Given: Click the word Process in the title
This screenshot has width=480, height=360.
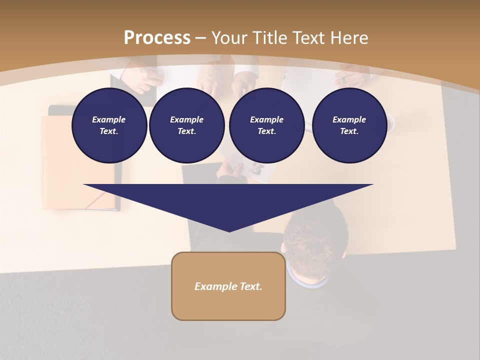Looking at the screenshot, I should (157, 38).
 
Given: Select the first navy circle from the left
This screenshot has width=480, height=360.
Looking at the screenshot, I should (109, 125).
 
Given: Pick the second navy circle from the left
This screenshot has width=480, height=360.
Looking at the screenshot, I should (186, 125).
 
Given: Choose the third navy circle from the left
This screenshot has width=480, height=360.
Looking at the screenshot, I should (266, 125).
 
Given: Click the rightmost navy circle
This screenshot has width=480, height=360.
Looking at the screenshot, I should (349, 125).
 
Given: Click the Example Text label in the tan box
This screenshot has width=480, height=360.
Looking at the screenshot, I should (228, 286).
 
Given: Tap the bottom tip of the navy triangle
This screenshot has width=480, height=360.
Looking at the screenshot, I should (229, 230).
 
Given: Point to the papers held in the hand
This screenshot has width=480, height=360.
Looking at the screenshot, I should (255, 170).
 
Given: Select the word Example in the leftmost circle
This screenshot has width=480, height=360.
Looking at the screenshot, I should (109, 119).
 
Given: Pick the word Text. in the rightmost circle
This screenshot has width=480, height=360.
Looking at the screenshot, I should (349, 131).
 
